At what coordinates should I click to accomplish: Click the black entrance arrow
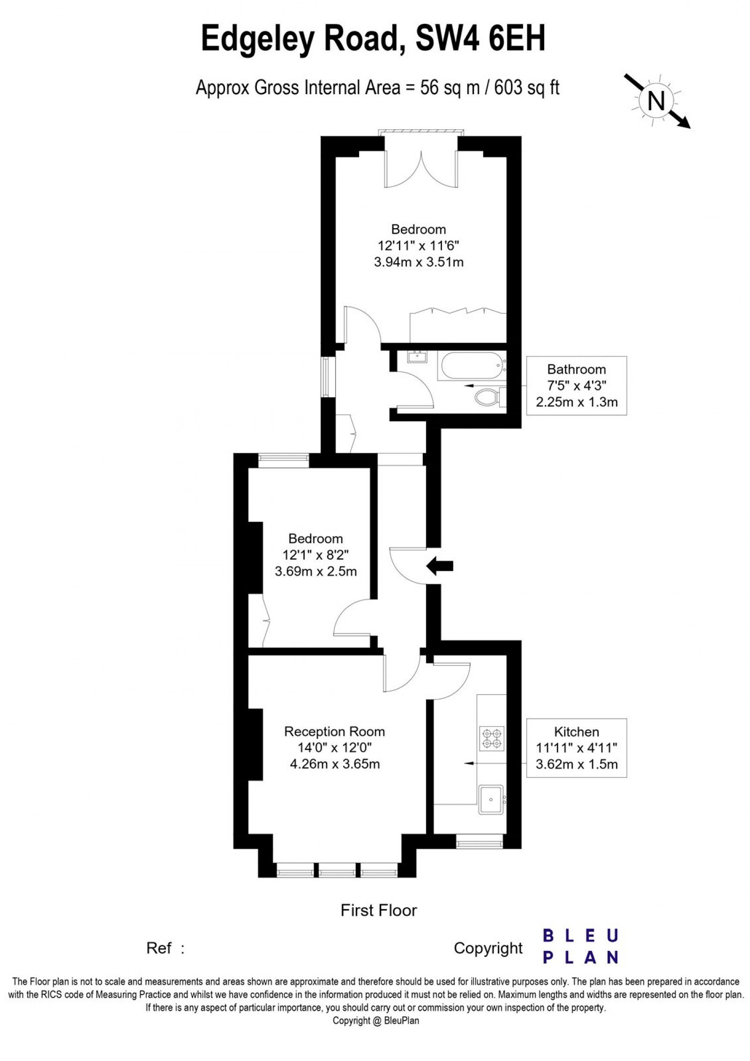click(x=439, y=566)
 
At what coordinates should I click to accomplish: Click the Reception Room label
click(x=334, y=731)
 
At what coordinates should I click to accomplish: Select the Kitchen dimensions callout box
click(x=576, y=748)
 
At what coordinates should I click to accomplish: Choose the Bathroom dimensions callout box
click(x=576, y=386)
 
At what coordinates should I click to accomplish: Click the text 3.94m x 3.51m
click(x=419, y=262)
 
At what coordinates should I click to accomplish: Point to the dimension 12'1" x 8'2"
click(x=315, y=555)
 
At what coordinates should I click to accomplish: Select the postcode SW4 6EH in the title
click(x=481, y=39)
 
